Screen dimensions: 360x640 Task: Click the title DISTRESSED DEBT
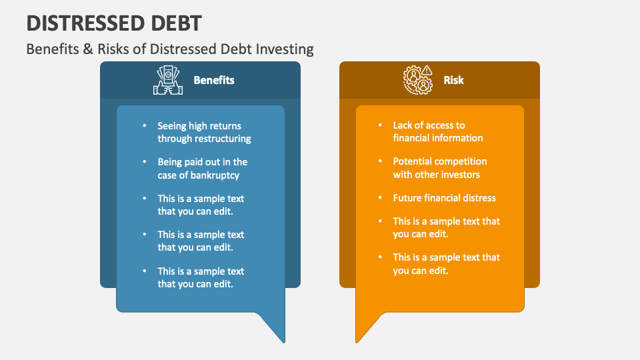pos(114,23)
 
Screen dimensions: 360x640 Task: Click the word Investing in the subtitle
pos(287,49)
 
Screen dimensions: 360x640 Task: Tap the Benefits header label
pos(213,80)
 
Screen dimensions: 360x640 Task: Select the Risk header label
pos(453,80)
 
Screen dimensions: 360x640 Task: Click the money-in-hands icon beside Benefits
pos(168,80)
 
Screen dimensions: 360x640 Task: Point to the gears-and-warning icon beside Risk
pos(418,80)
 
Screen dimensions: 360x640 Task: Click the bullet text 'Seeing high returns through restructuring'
pos(204,132)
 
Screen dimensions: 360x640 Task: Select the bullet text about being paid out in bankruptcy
pos(202,169)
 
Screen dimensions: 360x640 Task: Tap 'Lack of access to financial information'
pos(437,131)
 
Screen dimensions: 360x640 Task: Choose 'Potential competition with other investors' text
pos(439,168)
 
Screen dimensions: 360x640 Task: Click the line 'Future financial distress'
pos(444,198)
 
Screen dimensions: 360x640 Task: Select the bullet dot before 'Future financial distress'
pos(380,198)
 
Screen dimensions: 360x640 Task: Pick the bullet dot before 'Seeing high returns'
pos(145,125)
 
